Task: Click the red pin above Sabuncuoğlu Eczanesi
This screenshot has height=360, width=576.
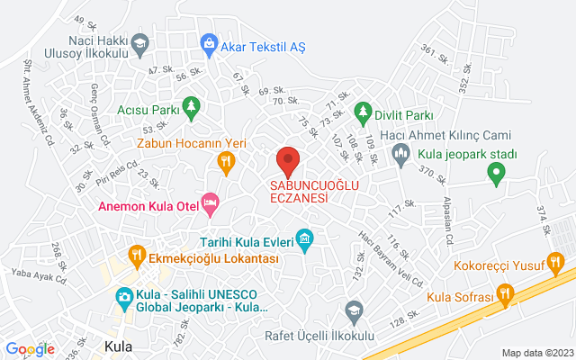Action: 288,161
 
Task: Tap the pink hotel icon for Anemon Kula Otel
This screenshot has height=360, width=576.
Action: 210,205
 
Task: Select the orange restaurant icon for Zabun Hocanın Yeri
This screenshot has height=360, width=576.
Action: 226,162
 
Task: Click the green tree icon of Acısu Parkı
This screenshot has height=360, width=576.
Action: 191,111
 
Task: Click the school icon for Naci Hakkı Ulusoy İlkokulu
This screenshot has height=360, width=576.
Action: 139,42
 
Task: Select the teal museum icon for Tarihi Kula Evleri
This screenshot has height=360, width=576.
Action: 305,240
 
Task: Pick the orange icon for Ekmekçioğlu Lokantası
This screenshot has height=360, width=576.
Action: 137,256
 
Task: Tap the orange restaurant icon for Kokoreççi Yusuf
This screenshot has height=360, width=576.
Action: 556,265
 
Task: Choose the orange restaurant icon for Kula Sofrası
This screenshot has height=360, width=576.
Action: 505,294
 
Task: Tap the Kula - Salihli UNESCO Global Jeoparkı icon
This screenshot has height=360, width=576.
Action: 125,296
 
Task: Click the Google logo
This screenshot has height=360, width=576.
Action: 30,349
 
